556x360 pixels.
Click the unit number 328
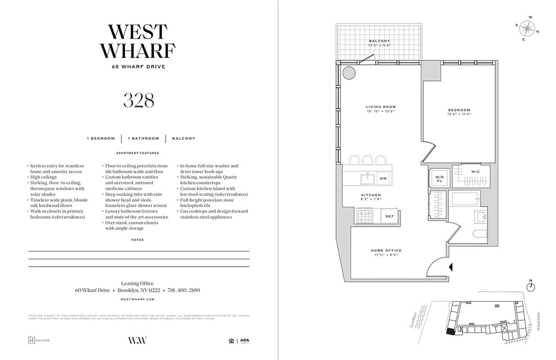[x=139, y=101]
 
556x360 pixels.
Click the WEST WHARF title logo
[x=138, y=41]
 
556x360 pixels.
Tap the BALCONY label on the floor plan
[x=379, y=41]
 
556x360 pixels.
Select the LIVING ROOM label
[x=381, y=107]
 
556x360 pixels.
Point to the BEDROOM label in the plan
[x=459, y=110]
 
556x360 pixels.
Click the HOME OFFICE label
[x=386, y=251]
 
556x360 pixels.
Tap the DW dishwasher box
[x=383, y=179]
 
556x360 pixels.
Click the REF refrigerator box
[x=390, y=216]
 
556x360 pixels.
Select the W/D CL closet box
[x=439, y=178]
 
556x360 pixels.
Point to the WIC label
[x=475, y=172]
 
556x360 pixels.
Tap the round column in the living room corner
[x=349, y=73]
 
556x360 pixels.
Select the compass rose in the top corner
[x=527, y=28]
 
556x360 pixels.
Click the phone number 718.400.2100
[x=184, y=291]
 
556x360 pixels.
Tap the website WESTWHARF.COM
[x=138, y=299]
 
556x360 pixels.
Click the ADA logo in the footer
[x=245, y=341]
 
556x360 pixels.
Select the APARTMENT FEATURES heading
[x=138, y=153]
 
